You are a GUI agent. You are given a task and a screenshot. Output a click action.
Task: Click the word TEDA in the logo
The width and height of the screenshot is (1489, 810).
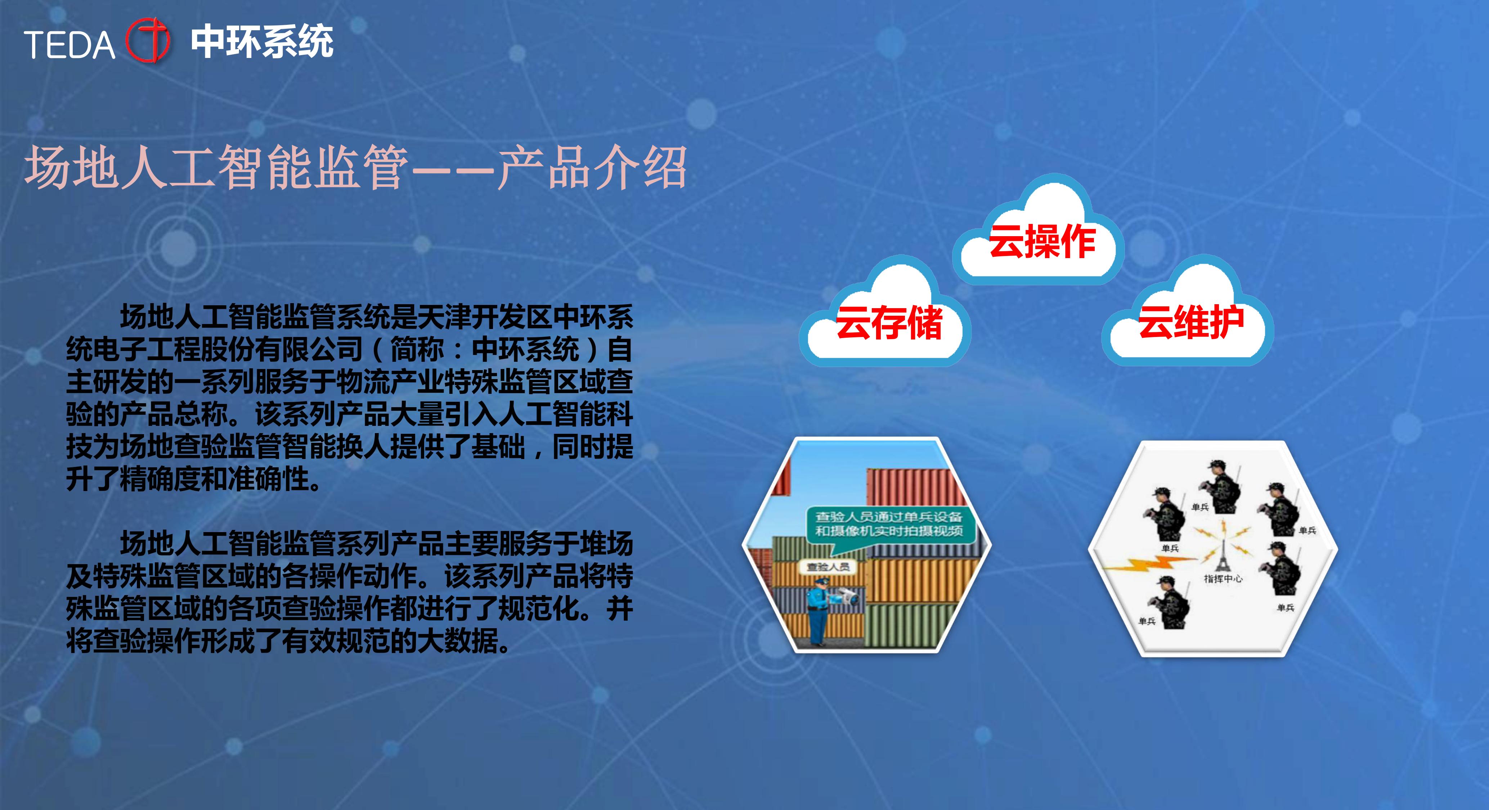tap(69, 45)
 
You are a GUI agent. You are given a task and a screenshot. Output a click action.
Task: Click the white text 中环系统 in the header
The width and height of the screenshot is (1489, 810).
tap(262, 42)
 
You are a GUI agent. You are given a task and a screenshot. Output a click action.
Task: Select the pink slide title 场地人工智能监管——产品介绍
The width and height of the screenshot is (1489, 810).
tap(355, 167)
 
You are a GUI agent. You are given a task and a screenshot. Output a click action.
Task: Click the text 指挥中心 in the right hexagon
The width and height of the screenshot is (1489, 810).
tap(1223, 578)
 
